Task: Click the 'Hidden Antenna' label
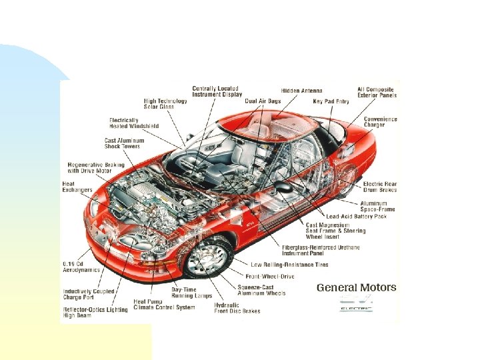click(301, 91)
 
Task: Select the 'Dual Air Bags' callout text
click(263, 101)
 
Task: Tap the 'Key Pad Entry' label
click(331, 101)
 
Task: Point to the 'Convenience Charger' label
click(380, 122)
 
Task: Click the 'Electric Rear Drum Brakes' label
click(379, 187)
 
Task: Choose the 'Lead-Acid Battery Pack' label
click(356, 216)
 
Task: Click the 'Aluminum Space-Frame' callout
click(377, 206)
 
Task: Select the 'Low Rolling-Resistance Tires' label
click(289, 265)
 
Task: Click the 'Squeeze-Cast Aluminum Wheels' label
click(261, 290)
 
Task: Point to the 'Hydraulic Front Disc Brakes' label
click(237, 308)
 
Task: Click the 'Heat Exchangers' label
click(77, 187)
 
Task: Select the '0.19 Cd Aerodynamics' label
click(81, 267)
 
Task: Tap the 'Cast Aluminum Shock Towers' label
click(124, 143)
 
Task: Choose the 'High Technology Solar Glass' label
click(165, 104)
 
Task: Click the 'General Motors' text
click(356, 288)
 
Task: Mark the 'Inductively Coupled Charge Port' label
click(89, 295)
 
